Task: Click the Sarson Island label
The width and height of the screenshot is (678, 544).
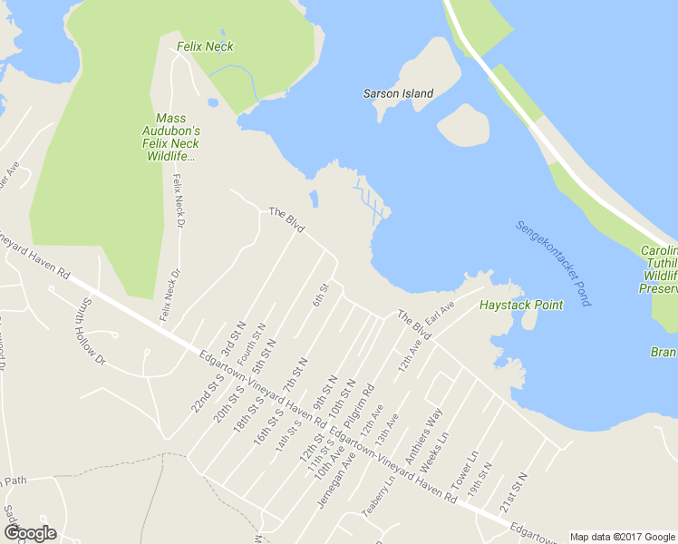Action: (x=398, y=93)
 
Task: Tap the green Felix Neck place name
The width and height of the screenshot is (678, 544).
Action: (x=206, y=46)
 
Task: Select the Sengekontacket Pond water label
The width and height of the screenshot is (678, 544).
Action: (x=553, y=263)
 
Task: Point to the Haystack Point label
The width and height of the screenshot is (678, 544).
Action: (x=521, y=305)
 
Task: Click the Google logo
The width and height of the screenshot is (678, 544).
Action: (x=30, y=533)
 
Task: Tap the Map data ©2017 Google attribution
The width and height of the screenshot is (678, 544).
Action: (x=621, y=537)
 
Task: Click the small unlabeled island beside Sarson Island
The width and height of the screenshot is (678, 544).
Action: (x=463, y=125)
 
